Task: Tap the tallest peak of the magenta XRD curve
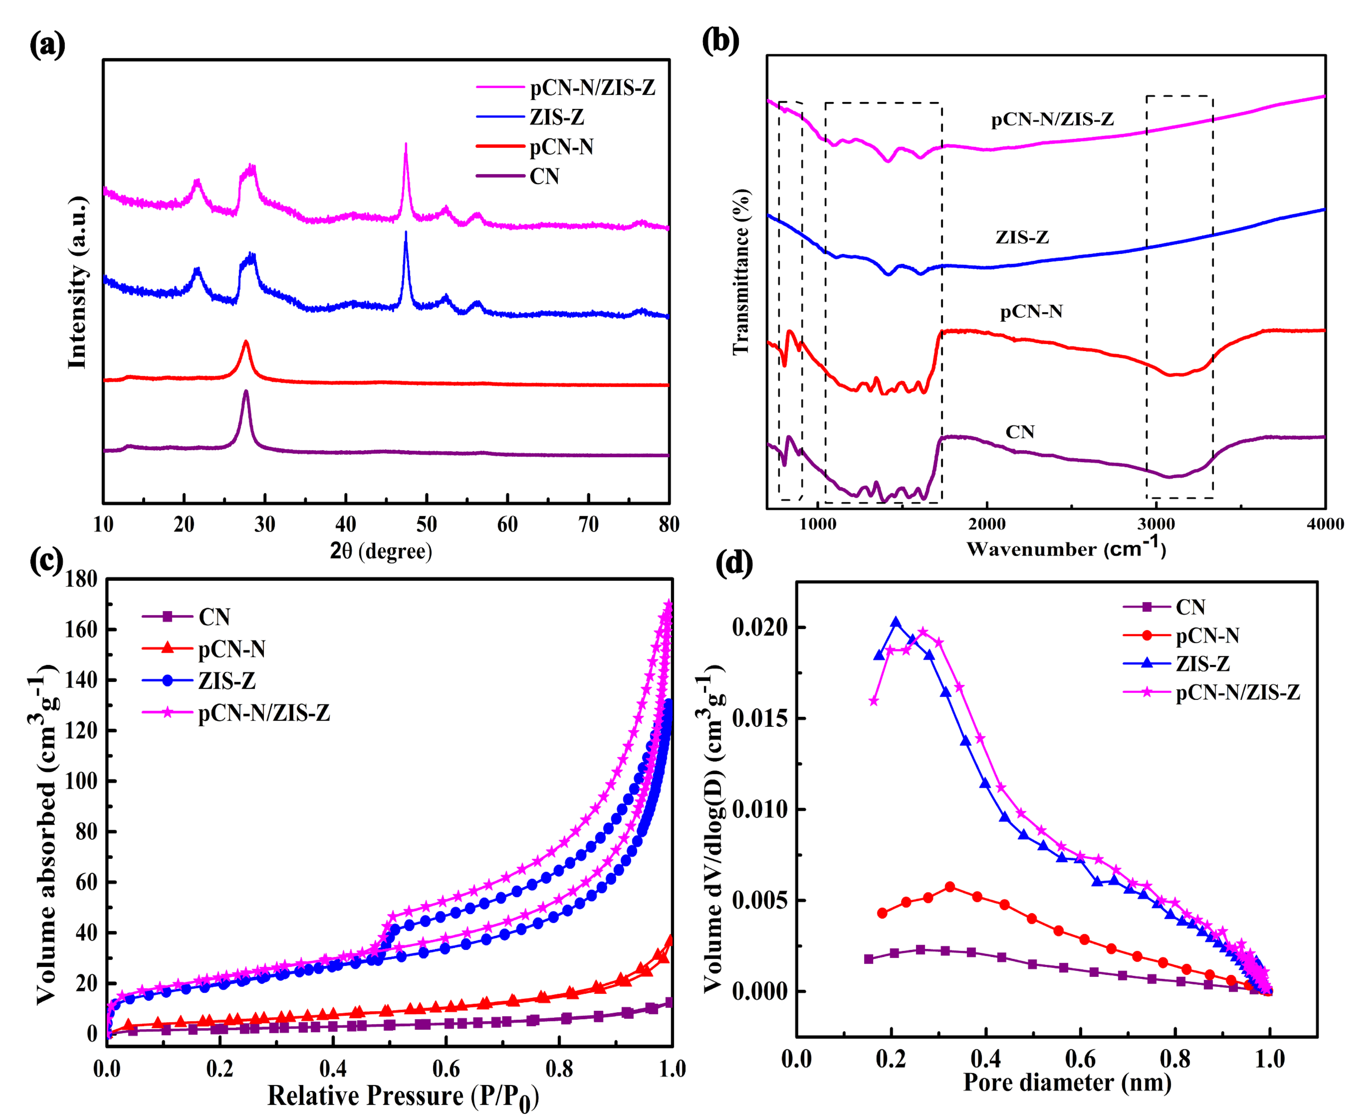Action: click(405, 144)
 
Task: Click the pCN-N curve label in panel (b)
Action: click(1030, 312)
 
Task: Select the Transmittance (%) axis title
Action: click(741, 272)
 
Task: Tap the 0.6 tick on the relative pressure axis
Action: click(446, 1068)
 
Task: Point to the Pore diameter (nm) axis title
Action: click(1067, 1082)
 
